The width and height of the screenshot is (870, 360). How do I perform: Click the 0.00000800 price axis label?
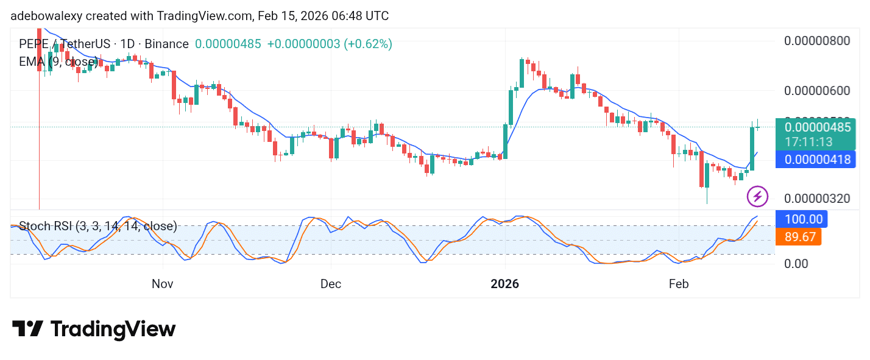pyautogui.click(x=816, y=41)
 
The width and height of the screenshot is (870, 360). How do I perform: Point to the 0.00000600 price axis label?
pyautogui.click(x=816, y=91)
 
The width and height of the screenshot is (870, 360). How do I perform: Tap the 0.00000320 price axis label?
pyautogui.click(x=816, y=199)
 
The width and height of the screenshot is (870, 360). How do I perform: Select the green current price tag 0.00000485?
pyautogui.click(x=817, y=128)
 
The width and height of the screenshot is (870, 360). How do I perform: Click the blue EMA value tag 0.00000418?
pyautogui.click(x=817, y=160)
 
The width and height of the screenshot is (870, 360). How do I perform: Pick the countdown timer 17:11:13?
pyautogui.click(x=808, y=143)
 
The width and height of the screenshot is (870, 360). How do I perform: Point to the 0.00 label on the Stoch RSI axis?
pyautogui.click(x=797, y=263)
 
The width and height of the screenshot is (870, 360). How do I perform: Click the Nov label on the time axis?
pyautogui.click(x=163, y=284)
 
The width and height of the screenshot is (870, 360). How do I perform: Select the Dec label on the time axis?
pyautogui.click(x=331, y=284)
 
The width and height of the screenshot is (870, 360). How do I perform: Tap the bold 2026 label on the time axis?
pyautogui.click(x=505, y=284)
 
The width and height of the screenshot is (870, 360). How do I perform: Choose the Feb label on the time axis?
pyautogui.click(x=678, y=284)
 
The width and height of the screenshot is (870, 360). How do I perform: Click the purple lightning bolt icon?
pyautogui.click(x=757, y=196)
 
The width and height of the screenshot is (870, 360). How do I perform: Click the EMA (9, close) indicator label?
pyautogui.click(x=58, y=62)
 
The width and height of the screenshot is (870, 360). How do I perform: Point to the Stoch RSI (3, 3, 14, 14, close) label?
pyautogui.click(x=98, y=227)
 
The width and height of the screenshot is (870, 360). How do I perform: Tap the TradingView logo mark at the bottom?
pyautogui.click(x=27, y=330)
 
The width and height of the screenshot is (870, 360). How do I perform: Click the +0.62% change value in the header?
pyautogui.click(x=368, y=44)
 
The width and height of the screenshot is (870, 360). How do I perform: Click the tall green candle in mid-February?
pyautogui.click(x=752, y=149)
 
